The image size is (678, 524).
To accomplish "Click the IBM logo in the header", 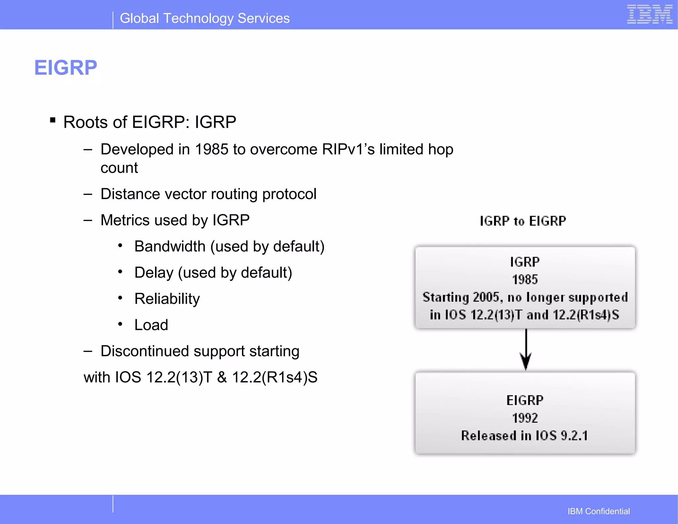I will coord(649,15).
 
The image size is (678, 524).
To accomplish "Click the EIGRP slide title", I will coord(66,68).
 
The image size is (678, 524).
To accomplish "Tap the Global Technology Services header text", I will coord(205,19).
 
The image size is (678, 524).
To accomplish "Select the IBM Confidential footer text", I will coord(599,511).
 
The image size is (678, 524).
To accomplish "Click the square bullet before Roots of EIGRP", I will coord(53,120).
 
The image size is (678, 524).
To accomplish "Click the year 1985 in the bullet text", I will coord(212,150).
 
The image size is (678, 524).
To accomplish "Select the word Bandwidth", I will coord(170,246).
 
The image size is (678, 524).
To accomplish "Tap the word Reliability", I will coord(167,299).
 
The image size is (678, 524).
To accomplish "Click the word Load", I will coord(151,325).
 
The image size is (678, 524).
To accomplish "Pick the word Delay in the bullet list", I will coord(154,273).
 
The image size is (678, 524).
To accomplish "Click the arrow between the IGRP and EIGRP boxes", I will coord(526,351).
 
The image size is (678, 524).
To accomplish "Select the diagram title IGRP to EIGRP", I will coord(523,221).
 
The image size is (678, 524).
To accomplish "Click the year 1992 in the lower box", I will coord(525,418).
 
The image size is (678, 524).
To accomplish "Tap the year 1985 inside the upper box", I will coord(525,280).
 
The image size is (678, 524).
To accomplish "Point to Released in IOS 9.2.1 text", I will coord(525,436).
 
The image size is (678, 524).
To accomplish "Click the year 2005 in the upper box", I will coord(486,297).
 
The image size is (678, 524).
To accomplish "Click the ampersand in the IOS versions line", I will coord(222,377).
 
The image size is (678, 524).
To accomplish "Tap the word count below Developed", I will coord(119,168).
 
